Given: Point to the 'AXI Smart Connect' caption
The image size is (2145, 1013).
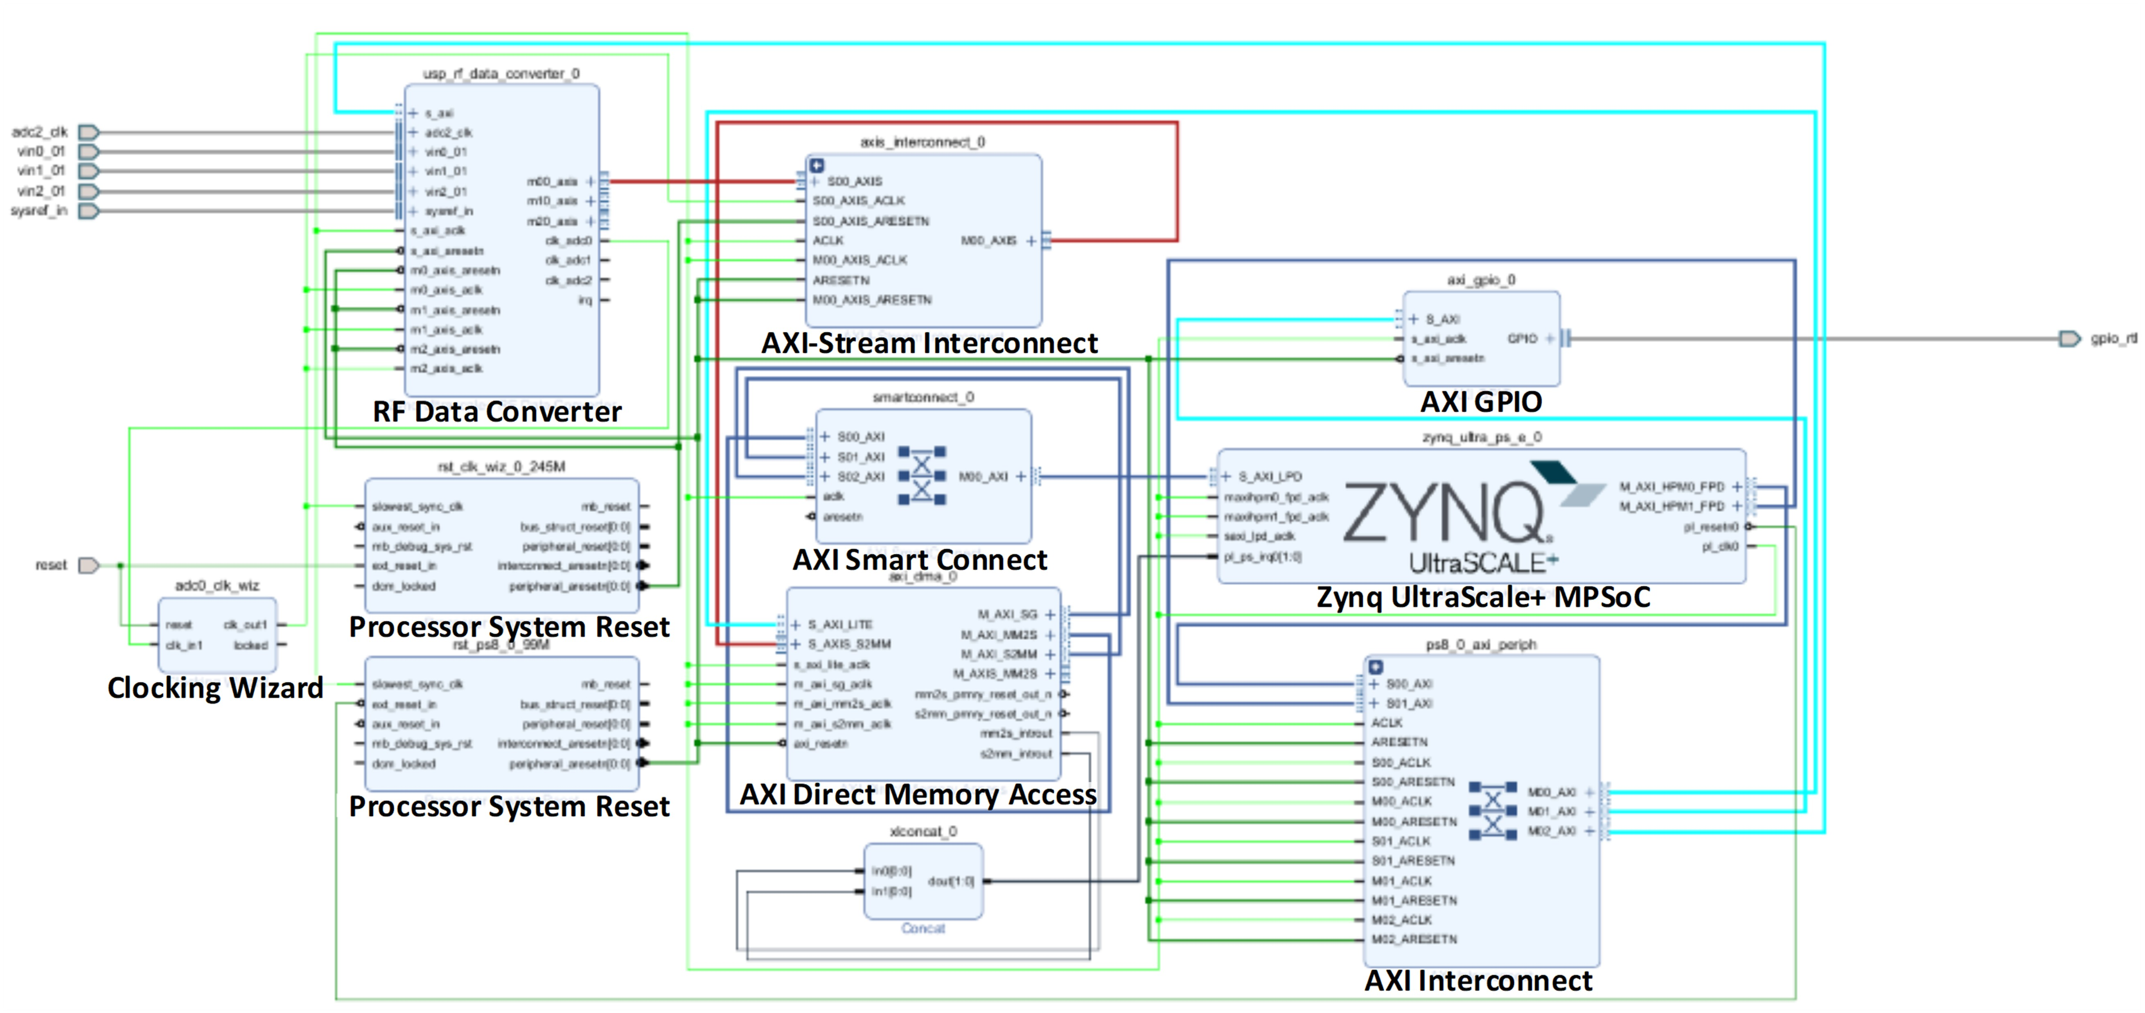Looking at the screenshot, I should tap(919, 560).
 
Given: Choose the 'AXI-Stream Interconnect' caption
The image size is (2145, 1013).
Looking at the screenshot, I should tap(929, 343).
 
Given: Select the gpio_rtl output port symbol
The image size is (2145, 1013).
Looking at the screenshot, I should tap(2068, 338).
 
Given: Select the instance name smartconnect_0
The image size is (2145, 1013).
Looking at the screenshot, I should tap(923, 397).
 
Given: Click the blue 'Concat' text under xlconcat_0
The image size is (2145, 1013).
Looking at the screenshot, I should tap(923, 928).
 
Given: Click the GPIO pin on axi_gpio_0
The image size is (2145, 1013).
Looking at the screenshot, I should tap(1522, 338).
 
